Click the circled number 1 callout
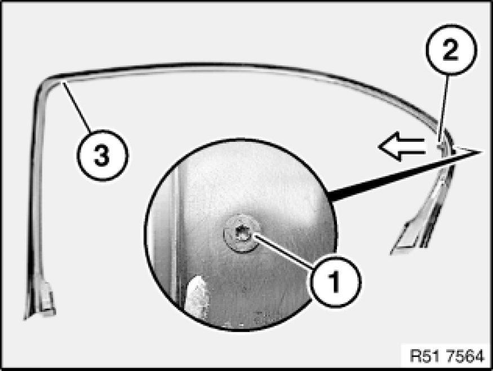(335, 281)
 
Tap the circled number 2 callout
(451, 50)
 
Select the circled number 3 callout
(103, 155)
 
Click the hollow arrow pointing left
(402, 146)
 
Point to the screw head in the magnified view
(242, 234)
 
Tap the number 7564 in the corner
(465, 356)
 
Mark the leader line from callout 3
(77, 106)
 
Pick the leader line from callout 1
(283, 252)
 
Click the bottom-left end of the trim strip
(26, 318)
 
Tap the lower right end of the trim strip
(393, 251)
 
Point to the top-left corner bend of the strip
(44, 82)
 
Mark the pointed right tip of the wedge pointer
(482, 152)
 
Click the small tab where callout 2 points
(442, 145)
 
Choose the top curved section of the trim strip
(239, 66)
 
